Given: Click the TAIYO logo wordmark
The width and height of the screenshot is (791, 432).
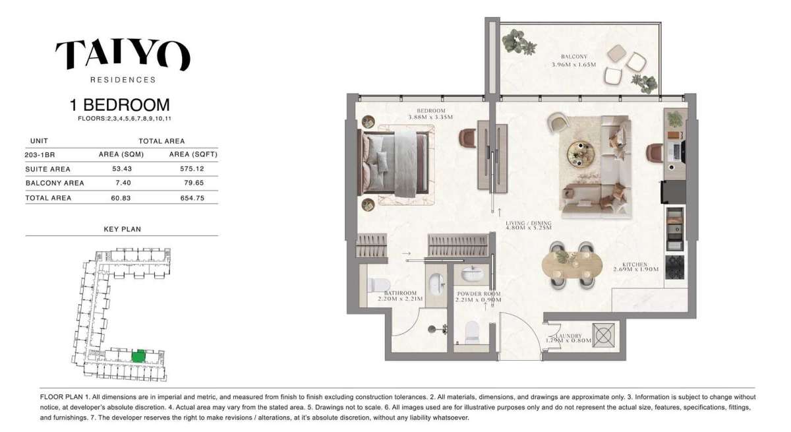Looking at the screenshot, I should click(123, 55).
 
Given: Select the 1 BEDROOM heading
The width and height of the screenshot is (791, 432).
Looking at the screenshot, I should click(119, 105).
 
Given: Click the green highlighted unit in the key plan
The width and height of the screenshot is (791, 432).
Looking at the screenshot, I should click(138, 356).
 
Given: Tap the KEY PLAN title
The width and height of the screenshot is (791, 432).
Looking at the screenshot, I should click(122, 230).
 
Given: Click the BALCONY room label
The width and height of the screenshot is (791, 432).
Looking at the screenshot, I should click(574, 57).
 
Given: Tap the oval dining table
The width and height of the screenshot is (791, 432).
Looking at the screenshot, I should click(571, 266).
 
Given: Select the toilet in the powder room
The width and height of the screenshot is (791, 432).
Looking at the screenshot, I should click(472, 332).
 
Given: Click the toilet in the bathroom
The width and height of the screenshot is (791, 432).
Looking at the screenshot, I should click(378, 286).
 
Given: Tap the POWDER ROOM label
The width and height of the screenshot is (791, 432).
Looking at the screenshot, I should click(478, 293).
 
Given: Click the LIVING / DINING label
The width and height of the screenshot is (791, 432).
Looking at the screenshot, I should click(529, 223).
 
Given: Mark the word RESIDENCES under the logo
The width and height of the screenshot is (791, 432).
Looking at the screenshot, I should click(123, 80).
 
